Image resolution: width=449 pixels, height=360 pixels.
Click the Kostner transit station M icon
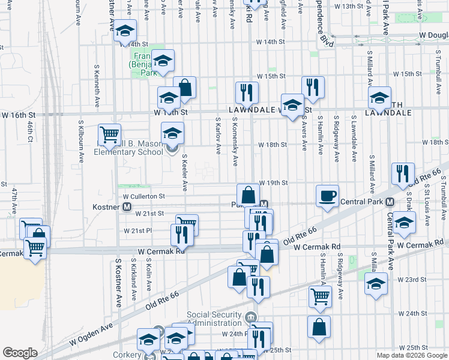point(127,207)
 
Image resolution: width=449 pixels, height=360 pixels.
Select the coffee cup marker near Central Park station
point(328,196)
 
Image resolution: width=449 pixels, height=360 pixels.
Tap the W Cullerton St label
point(143,196)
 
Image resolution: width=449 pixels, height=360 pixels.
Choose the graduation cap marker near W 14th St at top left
point(125,30)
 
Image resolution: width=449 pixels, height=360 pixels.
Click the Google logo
point(19,352)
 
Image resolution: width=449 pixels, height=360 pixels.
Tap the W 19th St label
point(274,182)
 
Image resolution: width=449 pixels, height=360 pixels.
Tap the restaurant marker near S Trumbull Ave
point(402,173)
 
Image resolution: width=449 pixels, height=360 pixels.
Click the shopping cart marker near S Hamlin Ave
point(320,296)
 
